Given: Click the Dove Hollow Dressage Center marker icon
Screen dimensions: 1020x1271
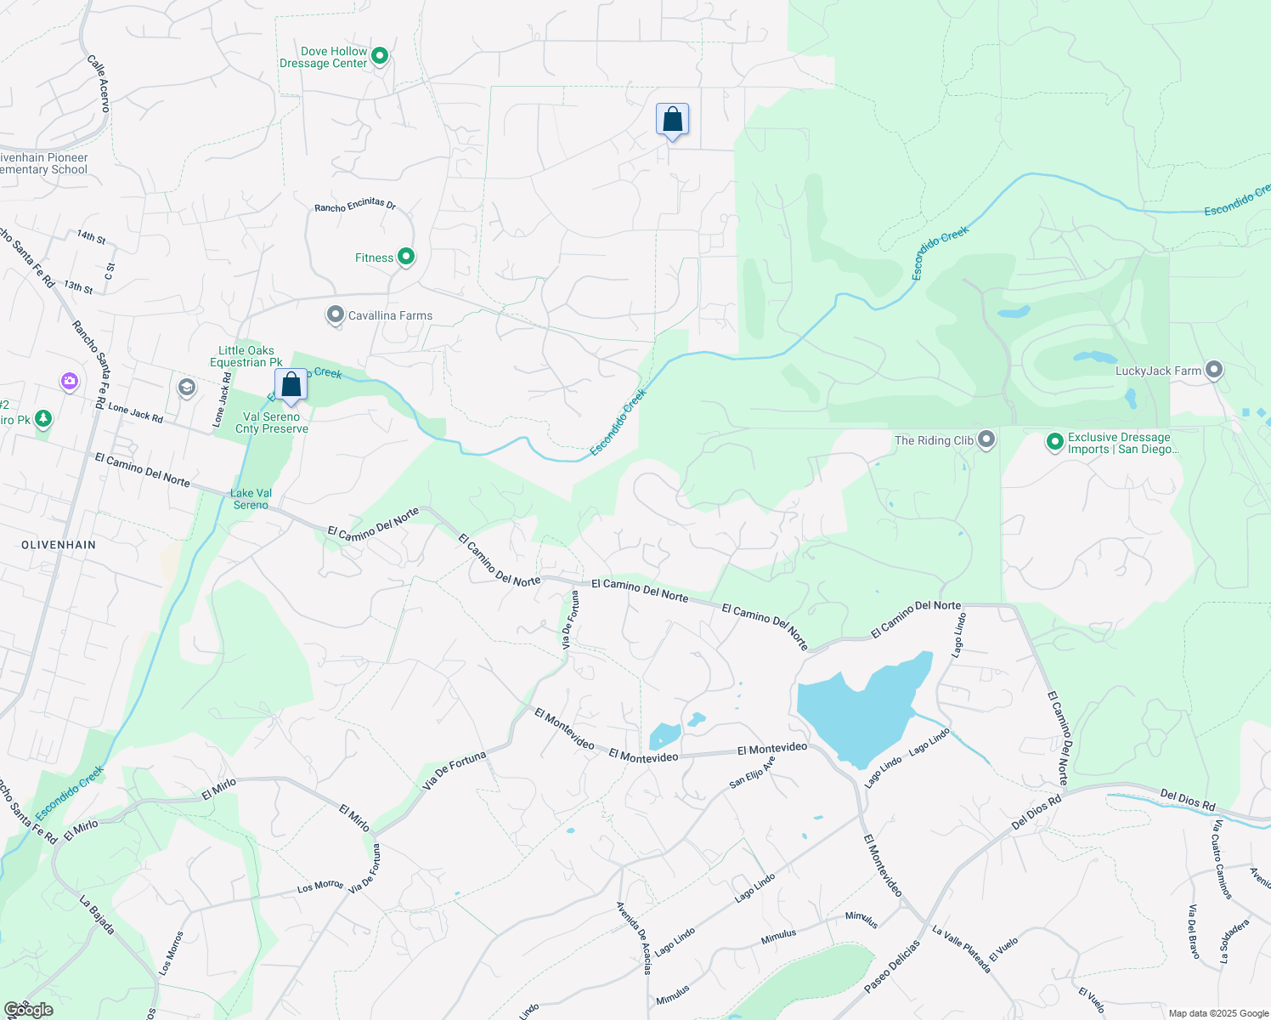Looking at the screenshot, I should coord(380,56).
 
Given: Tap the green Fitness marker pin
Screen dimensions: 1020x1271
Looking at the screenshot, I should coord(406,257).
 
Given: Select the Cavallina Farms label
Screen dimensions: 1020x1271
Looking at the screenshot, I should coord(390,315).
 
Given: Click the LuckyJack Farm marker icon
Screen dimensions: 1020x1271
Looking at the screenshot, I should coord(1214,370).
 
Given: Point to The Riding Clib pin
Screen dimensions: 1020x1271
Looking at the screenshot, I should coord(986,439).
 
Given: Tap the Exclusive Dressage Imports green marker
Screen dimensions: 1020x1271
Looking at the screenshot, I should coord(1054,442).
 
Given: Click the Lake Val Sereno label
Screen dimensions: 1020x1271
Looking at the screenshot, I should coord(251,499).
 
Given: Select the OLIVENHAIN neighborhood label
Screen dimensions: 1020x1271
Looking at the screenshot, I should coord(59,545).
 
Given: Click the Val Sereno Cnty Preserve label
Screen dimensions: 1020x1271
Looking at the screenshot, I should coord(272,422).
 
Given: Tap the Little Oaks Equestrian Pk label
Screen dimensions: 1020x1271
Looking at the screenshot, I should coord(246,356).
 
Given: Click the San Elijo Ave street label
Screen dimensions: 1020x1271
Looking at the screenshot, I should coord(752,773).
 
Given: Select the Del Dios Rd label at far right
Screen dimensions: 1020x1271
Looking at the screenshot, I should coord(1188,800).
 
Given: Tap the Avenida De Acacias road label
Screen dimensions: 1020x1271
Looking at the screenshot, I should coord(635,937).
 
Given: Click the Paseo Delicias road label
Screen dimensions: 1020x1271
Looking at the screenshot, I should coord(892,966).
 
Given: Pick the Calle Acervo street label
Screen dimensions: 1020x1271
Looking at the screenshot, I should coord(99,83).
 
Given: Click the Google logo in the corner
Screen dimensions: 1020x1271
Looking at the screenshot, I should coord(28,1010).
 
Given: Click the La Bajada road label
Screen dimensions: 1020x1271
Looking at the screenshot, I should coord(97,915).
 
